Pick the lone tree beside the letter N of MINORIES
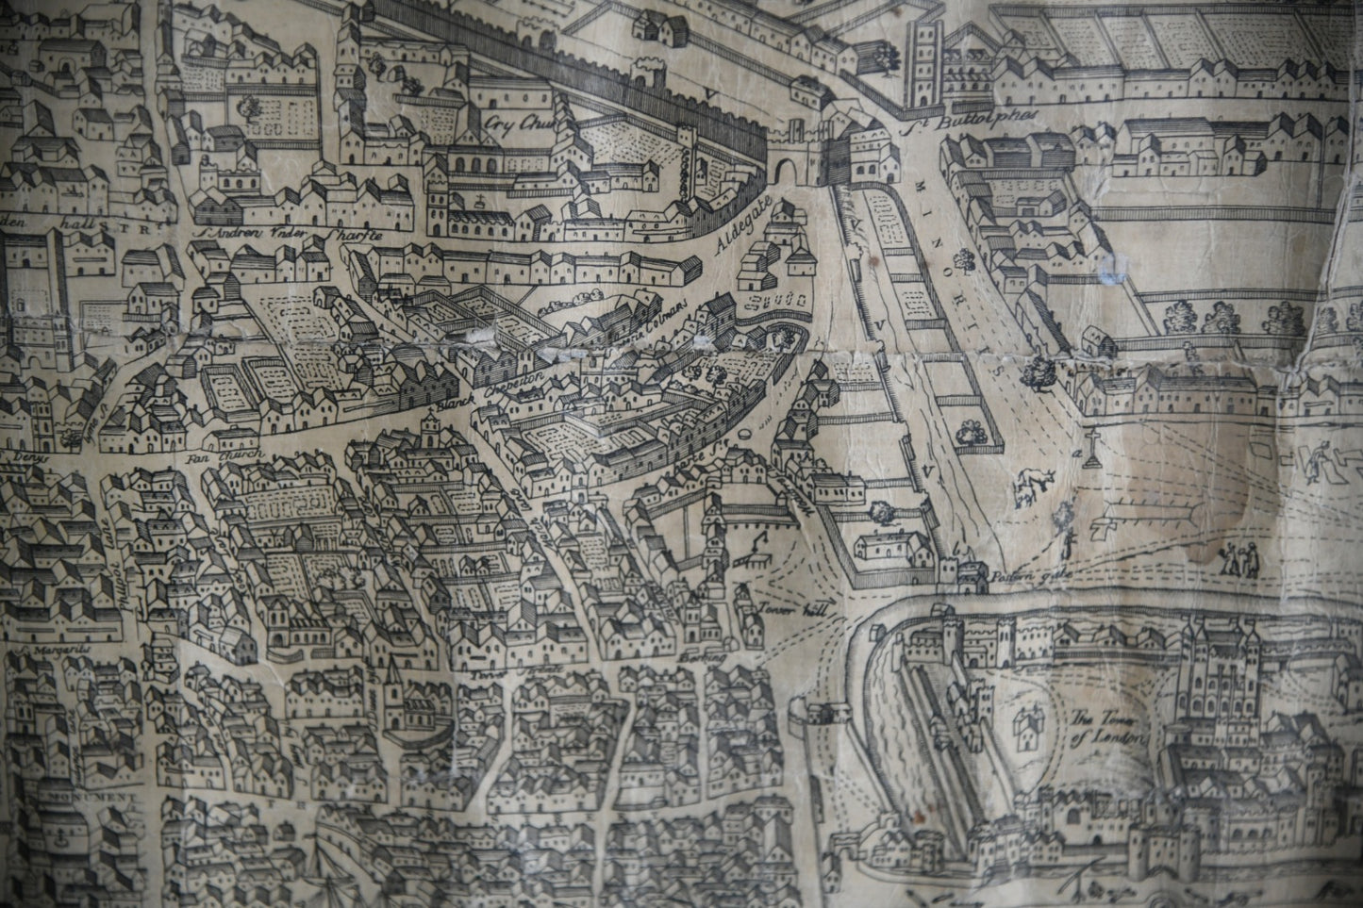(x=962, y=256)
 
